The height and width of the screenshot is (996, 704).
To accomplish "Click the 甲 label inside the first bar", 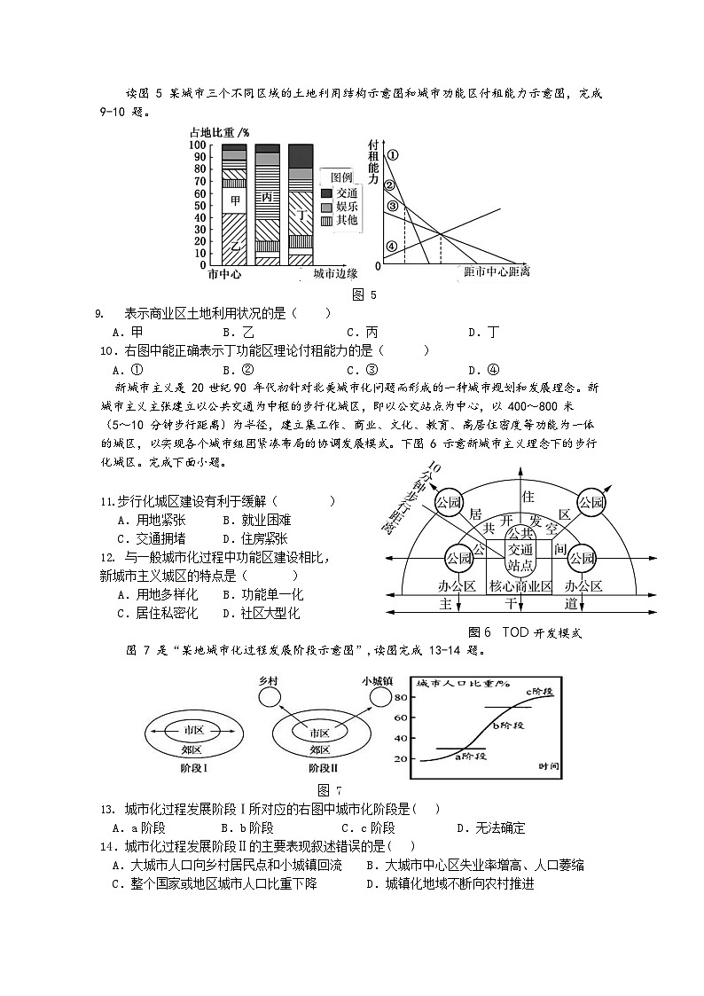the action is pos(235,200).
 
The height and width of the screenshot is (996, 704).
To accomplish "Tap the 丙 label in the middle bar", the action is pos(268,197).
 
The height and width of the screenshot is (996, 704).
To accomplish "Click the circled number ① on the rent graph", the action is pos(393,154).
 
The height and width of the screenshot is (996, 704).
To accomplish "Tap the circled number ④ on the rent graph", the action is pos(392,247).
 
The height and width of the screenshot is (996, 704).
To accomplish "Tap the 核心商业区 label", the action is pos(520,586).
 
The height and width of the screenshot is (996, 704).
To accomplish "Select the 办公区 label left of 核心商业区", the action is pos(458,586).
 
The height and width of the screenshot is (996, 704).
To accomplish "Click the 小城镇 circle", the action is pos(379,697).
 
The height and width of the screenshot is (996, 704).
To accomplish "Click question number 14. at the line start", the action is pos(110,845).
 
